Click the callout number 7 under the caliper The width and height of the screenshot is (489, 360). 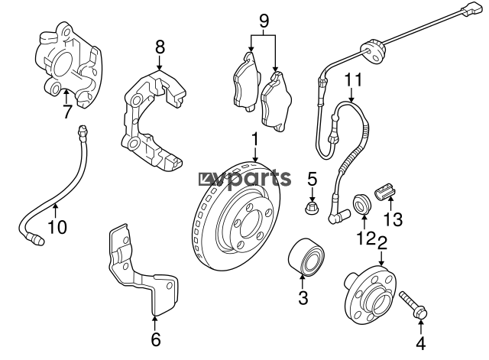(x=66, y=112)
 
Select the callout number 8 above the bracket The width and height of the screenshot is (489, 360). (x=160, y=47)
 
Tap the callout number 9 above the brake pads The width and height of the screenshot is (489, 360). (x=264, y=21)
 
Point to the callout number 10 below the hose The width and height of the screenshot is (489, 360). (x=57, y=227)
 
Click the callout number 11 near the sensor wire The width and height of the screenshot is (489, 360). (x=353, y=79)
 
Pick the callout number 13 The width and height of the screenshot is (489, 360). (x=393, y=219)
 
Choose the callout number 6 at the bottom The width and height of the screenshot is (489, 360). (x=156, y=339)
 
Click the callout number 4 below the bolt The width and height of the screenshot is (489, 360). (x=421, y=343)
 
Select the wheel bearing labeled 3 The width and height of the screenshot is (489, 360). (x=306, y=256)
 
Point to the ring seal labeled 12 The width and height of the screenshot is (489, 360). (x=361, y=204)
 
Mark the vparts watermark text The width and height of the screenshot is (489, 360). (x=245, y=179)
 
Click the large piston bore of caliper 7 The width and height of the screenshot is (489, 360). (x=63, y=64)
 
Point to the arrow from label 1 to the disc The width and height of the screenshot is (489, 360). (x=255, y=154)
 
